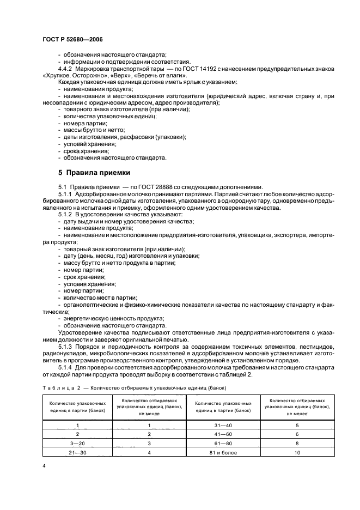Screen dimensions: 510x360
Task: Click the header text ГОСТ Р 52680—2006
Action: click(72, 40)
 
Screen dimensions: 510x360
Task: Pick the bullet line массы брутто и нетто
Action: click(94, 130)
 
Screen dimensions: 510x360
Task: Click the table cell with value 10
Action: click(297, 452)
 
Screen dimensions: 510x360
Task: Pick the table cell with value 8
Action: click(297, 443)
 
